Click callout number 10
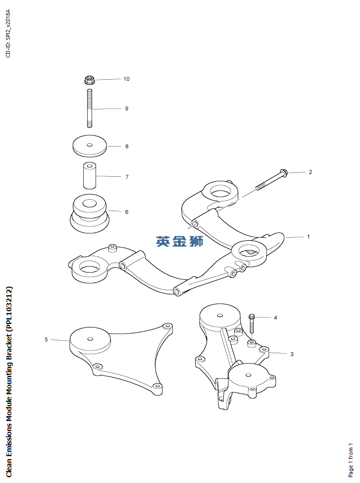[126, 79]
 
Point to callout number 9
[126, 108]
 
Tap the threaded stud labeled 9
[89, 109]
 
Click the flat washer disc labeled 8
[89, 146]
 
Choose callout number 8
[127, 146]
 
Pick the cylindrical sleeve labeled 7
[89, 176]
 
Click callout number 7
[127, 176]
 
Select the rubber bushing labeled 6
[90, 213]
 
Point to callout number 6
[127, 212]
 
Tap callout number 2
[310, 172]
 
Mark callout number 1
[308, 236]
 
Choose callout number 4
[275, 317]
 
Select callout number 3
[292, 354]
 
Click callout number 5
[46, 339]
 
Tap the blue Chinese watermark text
[180, 241]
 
